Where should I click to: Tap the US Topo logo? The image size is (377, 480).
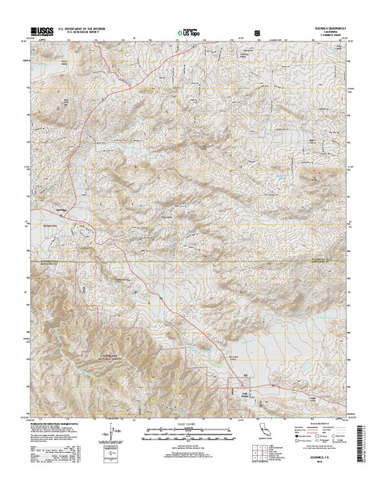[x=188, y=33]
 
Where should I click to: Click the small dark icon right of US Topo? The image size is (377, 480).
[x=256, y=33]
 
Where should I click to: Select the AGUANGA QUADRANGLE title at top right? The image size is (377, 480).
[x=330, y=29]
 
